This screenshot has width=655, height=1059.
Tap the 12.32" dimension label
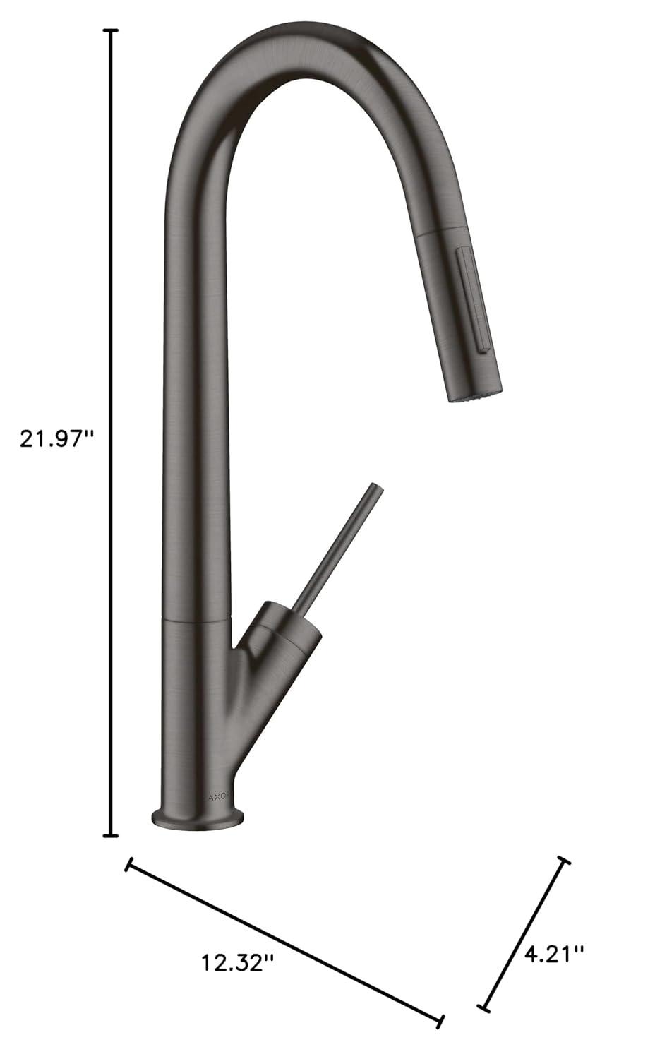point(237,962)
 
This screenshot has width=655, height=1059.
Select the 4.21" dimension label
point(554,955)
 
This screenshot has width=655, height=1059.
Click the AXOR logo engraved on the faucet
point(218,796)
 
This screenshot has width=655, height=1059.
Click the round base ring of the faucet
point(198,820)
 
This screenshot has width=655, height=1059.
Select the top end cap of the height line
point(111,31)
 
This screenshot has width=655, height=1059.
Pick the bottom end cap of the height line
point(111,836)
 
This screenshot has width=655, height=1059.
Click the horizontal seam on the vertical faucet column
point(197,618)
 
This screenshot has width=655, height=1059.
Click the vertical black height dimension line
point(111,282)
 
